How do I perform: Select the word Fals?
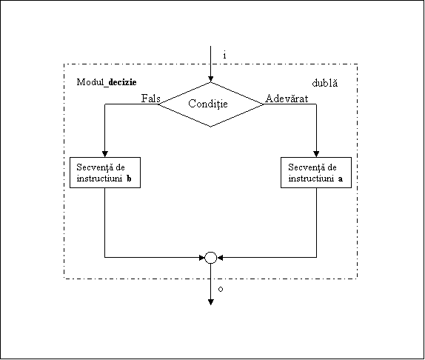click(x=151, y=99)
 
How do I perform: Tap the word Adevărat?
click(x=287, y=99)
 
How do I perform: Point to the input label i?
click(x=224, y=56)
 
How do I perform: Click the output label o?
click(x=221, y=290)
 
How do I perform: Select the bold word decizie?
click(x=122, y=82)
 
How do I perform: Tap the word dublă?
click(x=325, y=83)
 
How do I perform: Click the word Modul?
click(x=90, y=82)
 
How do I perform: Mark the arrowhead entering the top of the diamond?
click(x=210, y=79)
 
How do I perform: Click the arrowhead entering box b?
click(x=105, y=154)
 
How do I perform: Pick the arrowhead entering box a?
click(x=316, y=154)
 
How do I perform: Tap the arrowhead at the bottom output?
click(x=210, y=302)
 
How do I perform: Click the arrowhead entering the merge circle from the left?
click(x=202, y=258)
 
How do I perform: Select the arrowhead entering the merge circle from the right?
click(x=220, y=258)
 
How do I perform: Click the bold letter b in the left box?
click(x=129, y=179)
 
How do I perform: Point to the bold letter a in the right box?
click(x=341, y=179)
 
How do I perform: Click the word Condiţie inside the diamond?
click(x=208, y=104)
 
